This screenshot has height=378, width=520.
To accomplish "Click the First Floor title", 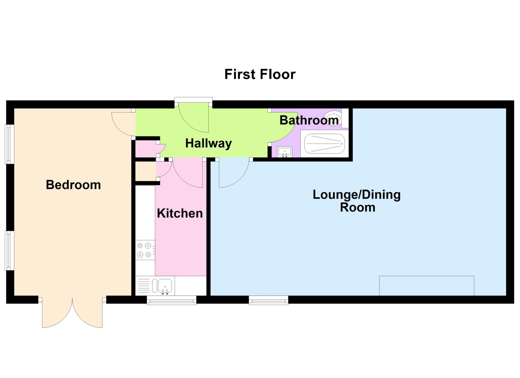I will [260, 74].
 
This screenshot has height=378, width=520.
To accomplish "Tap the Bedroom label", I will [73, 185].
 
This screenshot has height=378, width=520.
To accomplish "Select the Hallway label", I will [208, 143].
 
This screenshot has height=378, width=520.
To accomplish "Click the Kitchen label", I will [180, 213].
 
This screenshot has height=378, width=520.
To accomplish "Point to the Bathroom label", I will [309, 120].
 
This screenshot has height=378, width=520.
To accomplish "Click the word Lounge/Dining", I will [356, 195].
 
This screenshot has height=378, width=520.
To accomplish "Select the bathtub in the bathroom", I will [324, 144].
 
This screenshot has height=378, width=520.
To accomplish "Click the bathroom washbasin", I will [284, 152].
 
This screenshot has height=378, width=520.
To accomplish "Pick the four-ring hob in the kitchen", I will [145, 250].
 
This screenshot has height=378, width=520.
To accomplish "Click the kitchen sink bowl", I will [165, 286].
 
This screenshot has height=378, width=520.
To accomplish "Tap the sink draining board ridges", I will [144, 286].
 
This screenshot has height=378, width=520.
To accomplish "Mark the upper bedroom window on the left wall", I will [9, 144].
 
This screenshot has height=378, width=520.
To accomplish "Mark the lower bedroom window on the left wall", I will [9, 250].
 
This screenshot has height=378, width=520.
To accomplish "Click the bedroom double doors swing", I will [72, 312].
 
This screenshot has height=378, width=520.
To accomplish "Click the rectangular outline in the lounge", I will [427, 286].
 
